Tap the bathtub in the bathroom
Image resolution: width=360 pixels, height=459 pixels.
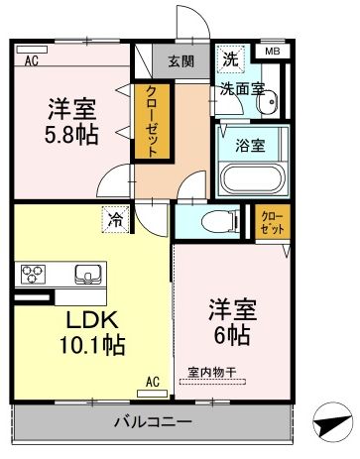[251, 177]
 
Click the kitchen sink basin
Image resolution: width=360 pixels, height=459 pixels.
[84, 274]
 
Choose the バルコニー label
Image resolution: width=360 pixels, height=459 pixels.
[151, 421]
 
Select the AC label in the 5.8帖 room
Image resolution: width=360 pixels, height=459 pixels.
[31, 61]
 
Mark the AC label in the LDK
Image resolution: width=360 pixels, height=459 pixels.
[154, 382]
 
